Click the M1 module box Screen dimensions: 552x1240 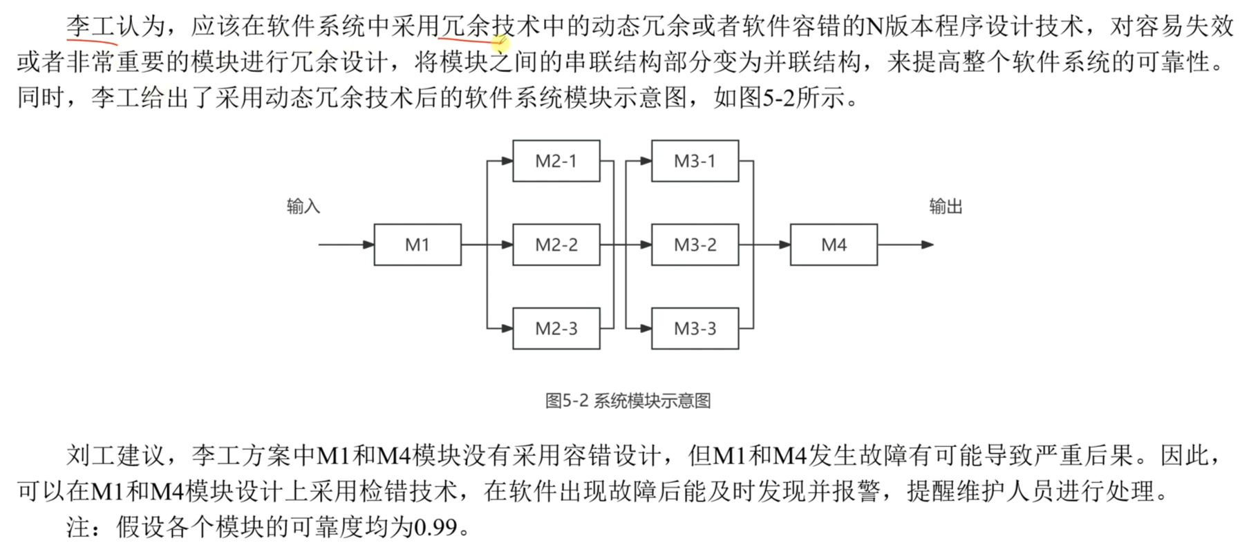417,245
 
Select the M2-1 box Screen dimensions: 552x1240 556,161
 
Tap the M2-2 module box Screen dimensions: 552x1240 556,245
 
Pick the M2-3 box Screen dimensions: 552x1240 556,328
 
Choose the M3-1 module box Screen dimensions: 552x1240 695,161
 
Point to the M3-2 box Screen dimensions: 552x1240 695,245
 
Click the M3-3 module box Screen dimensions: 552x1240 695,328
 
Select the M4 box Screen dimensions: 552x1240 834,245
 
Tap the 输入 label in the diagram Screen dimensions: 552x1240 303,207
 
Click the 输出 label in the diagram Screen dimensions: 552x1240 946,207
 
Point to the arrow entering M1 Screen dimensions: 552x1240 346,245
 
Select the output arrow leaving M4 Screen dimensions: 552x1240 905,245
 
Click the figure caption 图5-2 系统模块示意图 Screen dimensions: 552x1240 628,401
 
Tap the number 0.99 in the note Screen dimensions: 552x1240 435,528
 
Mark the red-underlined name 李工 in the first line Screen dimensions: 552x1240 91,27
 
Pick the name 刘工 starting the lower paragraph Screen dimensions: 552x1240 91,456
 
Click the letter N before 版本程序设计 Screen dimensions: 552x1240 874,27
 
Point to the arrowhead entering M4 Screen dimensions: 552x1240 785,245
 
